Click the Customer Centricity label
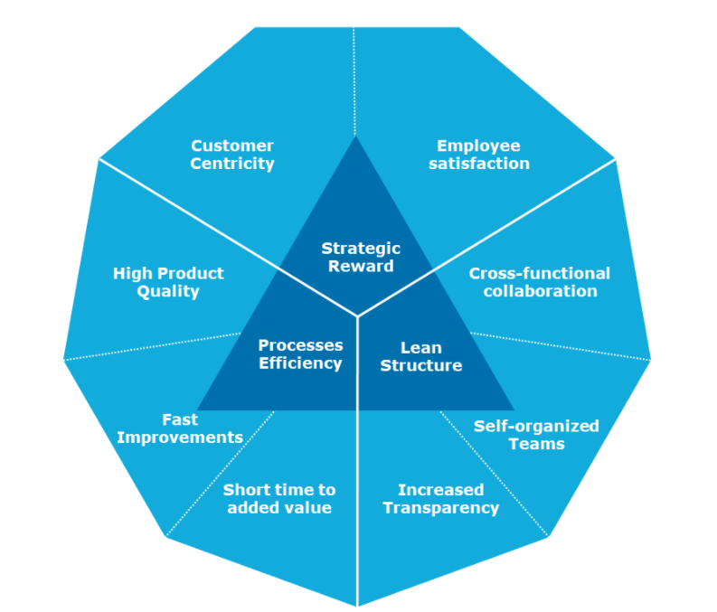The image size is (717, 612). point(232,155)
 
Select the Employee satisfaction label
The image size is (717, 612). point(478,155)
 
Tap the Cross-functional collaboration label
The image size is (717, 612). point(540,282)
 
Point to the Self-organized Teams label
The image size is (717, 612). point(536,435)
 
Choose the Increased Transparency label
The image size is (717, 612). point(440,499)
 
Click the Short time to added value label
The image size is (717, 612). point(279,499)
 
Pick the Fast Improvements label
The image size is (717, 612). point(180,428)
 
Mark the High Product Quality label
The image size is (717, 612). point(168,282)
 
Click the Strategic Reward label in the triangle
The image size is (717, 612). point(361,257)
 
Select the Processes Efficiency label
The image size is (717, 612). point(300,354)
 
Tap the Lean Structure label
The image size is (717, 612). point(420,356)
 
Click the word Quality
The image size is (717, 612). point(168,291)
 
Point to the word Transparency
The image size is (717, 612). point(440,508)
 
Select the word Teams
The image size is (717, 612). point(536,444)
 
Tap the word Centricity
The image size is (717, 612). point(232,164)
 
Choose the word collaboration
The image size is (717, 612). point(540,291)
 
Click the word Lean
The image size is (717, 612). point(420,347)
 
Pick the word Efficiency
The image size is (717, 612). point(300,363)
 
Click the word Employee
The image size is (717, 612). point(478,146)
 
